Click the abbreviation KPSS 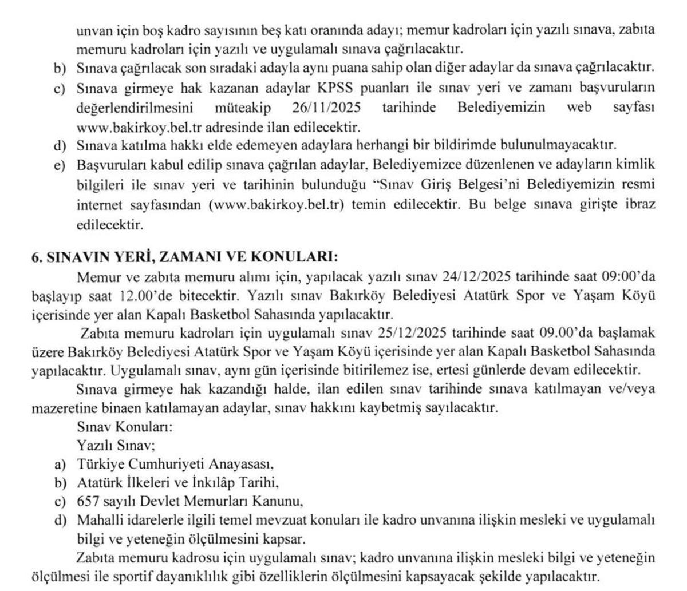click(338, 88)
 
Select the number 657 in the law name click(88, 501)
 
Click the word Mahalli click(99, 520)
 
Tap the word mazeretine click(59, 408)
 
